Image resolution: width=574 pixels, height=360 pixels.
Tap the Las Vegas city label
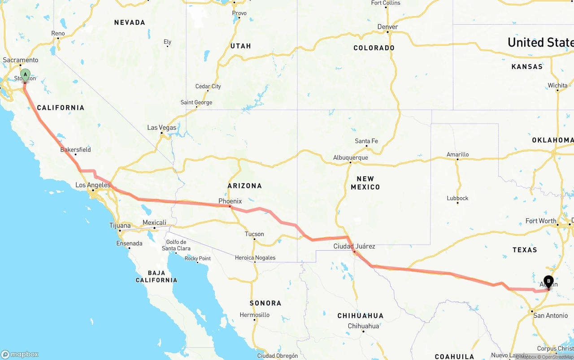coord(162,128)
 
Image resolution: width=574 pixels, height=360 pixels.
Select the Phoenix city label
coord(230,201)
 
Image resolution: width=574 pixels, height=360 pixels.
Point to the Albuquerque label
coord(350,158)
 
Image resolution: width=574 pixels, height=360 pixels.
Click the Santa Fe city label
coord(366,141)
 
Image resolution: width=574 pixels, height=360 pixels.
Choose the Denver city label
coord(387,27)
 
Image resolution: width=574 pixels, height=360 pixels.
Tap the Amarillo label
coord(457,155)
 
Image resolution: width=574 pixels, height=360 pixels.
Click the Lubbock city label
coord(457,198)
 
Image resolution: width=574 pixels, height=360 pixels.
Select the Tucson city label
coord(254,234)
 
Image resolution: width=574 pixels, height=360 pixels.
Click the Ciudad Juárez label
coord(354,247)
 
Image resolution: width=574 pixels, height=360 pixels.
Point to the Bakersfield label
coord(75,150)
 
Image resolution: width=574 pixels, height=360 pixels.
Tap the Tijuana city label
coord(120,226)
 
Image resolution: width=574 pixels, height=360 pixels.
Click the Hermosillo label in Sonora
coord(254,315)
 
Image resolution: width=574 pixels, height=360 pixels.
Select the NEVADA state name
coord(130,22)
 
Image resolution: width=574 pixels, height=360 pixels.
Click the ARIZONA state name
coord(244,186)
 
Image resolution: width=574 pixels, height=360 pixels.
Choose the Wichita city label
coord(557,86)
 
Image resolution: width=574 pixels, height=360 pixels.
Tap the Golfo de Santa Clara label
coord(176,245)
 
